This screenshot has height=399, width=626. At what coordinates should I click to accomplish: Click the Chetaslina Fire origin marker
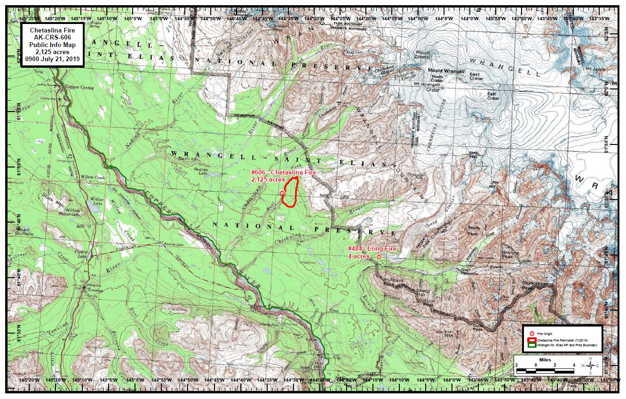[282, 193]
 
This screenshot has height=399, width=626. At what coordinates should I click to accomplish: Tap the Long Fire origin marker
[379, 256]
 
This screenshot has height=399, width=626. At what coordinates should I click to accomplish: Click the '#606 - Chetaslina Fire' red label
[284, 173]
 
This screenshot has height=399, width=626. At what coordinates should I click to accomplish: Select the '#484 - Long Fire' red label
[372, 248]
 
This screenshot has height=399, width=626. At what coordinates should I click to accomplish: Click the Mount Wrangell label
[446, 71]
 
